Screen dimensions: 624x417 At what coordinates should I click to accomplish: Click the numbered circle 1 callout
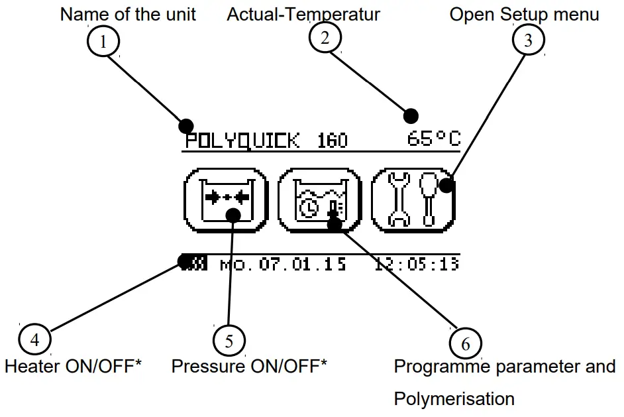point(103,41)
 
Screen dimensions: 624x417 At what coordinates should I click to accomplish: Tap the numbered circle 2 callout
point(325,37)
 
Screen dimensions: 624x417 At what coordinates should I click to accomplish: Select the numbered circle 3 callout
point(528,39)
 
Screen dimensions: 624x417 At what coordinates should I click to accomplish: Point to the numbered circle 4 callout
point(34,339)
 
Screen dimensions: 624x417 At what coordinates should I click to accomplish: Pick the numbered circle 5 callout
point(229,341)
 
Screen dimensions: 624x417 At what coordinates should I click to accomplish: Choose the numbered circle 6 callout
point(465,343)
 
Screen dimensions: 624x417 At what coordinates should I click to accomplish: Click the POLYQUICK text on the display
point(242,141)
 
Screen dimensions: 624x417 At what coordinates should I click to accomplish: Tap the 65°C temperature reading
point(434,138)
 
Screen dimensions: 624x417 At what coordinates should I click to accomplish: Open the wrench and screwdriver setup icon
point(413,200)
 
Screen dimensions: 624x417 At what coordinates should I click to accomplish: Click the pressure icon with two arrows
point(226,200)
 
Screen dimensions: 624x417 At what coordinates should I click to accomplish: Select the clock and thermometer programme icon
point(319,200)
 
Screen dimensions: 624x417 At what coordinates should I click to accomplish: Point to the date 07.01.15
point(303,264)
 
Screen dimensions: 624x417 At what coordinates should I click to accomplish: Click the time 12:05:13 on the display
point(417,264)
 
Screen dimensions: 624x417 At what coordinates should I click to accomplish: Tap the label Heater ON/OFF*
point(74,366)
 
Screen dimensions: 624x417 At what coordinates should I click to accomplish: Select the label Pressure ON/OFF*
point(249,366)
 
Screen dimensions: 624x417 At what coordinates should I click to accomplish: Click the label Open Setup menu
point(524,15)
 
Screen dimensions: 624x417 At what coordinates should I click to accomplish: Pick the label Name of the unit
point(128,15)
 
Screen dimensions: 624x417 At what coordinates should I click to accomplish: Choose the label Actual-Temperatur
point(303,15)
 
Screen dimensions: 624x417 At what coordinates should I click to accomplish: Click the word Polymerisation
point(454,398)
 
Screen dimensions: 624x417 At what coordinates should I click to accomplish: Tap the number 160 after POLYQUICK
point(333,141)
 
